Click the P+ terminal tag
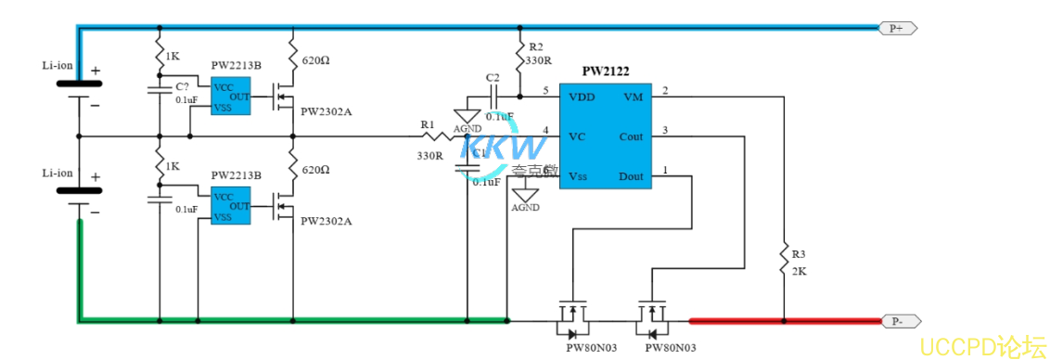897,29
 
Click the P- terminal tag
898,321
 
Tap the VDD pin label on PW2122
582,96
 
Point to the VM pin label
633,96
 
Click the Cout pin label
631,136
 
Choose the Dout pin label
631,176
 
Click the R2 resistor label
535,46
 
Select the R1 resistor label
427,123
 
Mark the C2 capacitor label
493,77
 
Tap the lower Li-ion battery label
58,173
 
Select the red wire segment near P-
784,321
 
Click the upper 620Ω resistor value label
315,60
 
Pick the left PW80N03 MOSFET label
591,347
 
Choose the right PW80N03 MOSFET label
671,347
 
